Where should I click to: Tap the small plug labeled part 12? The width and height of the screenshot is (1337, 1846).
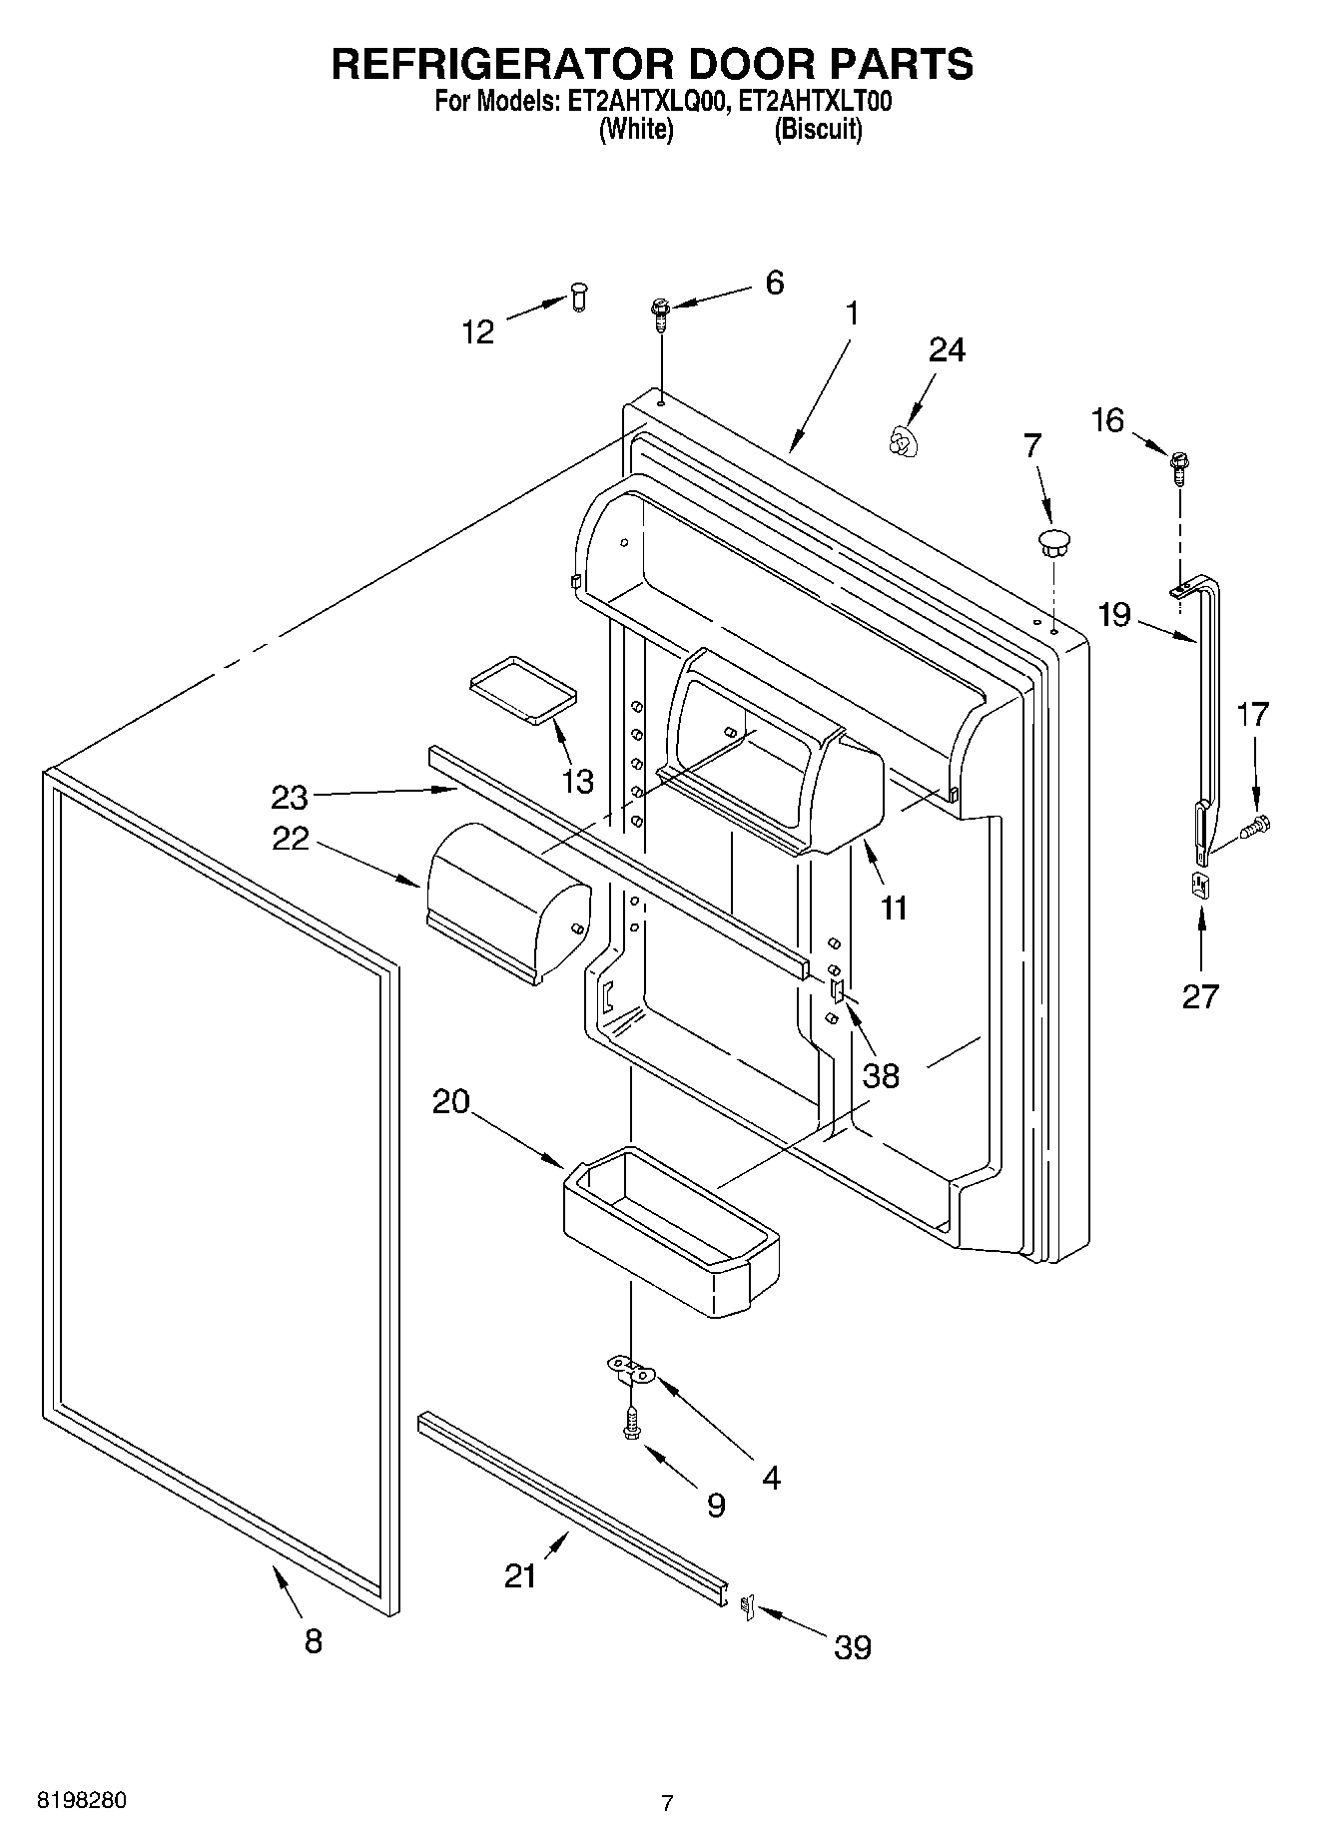579,296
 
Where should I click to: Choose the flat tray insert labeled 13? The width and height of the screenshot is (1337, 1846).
523,689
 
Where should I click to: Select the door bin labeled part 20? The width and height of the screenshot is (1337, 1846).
667,1233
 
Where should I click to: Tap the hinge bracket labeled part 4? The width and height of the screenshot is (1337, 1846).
631,1370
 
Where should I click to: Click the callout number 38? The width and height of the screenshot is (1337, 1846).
881,1075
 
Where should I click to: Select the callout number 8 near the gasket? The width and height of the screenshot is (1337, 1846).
314,1640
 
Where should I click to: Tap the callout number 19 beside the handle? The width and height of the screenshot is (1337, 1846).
1114,614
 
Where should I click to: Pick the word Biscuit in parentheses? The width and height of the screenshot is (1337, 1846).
818,130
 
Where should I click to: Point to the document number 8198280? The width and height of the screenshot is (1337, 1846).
82,1801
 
